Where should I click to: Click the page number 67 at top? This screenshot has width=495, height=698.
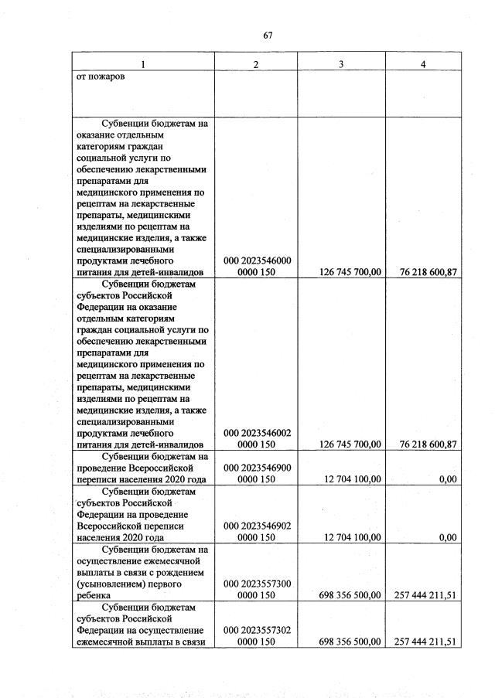coord(268,35)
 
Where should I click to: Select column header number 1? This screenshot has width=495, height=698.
coord(142,64)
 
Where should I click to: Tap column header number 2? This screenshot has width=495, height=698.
coord(256,64)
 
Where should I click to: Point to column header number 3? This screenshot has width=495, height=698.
coord(341,64)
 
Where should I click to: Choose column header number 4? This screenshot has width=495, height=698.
coord(423,64)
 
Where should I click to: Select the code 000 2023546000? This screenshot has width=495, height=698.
coord(256,260)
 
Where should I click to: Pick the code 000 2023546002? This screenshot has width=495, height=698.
coord(256,433)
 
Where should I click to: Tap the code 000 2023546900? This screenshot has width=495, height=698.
coord(256,468)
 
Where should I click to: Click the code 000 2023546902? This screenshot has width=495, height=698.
coord(256,526)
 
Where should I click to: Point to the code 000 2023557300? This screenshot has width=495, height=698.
coord(256,584)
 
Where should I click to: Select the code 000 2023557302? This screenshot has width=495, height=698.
coord(256,630)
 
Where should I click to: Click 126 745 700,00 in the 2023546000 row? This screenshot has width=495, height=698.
coord(350,272)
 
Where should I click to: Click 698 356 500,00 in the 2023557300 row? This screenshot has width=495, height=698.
coord(350,595)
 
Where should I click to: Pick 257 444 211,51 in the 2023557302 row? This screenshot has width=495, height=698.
coord(425,642)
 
